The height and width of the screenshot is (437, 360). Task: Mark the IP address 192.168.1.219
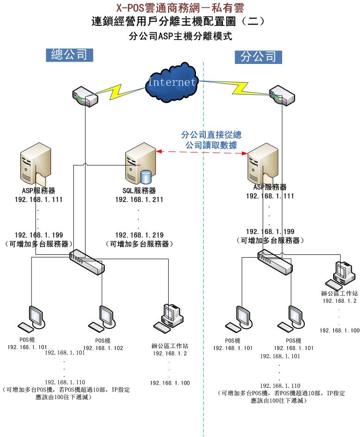click(x=139, y=235)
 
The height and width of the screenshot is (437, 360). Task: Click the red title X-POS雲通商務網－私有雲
click(x=179, y=8)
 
